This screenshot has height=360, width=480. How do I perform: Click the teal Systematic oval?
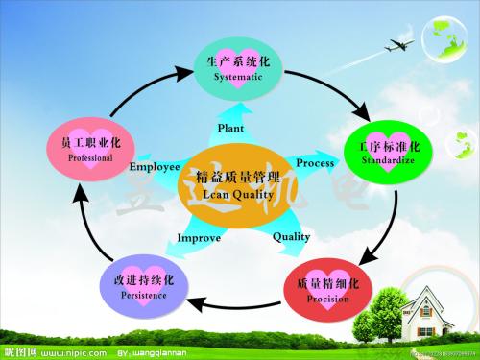(x=240, y=68)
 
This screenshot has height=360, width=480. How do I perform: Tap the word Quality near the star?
(x=292, y=236)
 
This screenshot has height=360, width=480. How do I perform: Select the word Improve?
(x=199, y=237)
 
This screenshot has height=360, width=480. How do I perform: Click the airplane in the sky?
(x=400, y=44)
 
